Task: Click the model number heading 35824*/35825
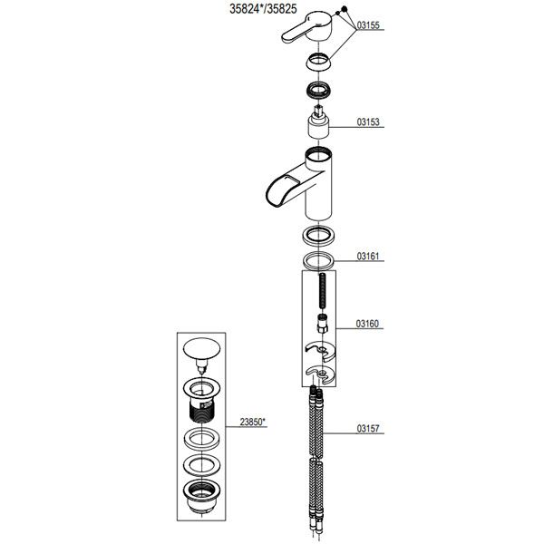coord(263,9)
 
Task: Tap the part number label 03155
coord(368,25)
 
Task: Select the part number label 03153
coord(368,122)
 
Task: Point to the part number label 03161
coord(368,257)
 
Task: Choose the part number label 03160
coord(367,324)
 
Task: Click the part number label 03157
coord(368,429)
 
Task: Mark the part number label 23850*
coord(252,423)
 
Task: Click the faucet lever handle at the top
coord(306,28)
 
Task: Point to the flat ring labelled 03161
coord(318,260)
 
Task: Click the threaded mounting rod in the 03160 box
coord(322,291)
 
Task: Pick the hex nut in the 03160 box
coord(323,324)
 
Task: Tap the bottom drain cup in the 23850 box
coord(201,496)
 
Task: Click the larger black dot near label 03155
coord(345,9)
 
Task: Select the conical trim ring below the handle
coord(318,63)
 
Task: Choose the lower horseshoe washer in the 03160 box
coord(321,374)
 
